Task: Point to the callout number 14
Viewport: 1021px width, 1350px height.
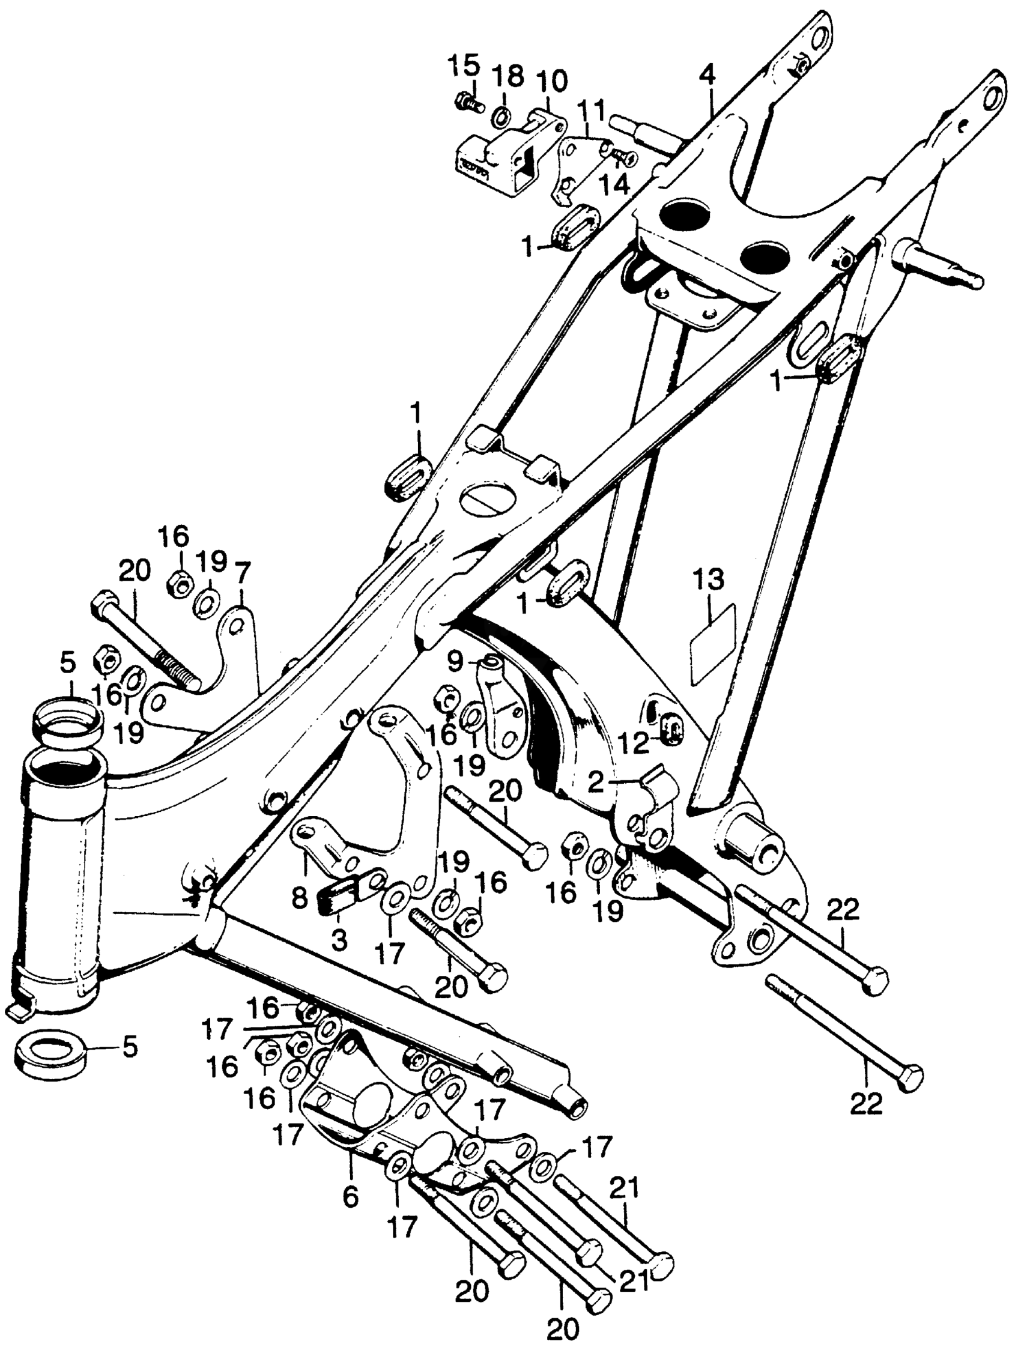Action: pyautogui.click(x=614, y=184)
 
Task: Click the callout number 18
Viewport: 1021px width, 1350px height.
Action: pyautogui.click(x=509, y=77)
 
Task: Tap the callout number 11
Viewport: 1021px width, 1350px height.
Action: pyautogui.click(x=591, y=112)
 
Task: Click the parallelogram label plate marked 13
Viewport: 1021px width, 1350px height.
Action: pyautogui.click(x=713, y=644)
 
